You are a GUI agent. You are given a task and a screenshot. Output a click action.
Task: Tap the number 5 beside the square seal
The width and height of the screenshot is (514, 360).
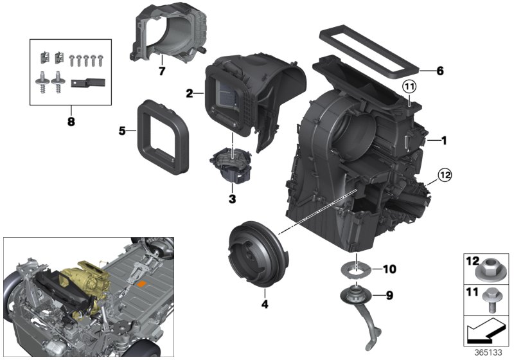pos(122,132)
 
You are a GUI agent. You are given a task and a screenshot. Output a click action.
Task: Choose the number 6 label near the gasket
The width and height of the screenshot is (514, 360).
pos(439,71)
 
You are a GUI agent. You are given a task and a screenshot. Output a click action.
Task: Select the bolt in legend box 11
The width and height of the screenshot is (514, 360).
pos(490,301)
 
